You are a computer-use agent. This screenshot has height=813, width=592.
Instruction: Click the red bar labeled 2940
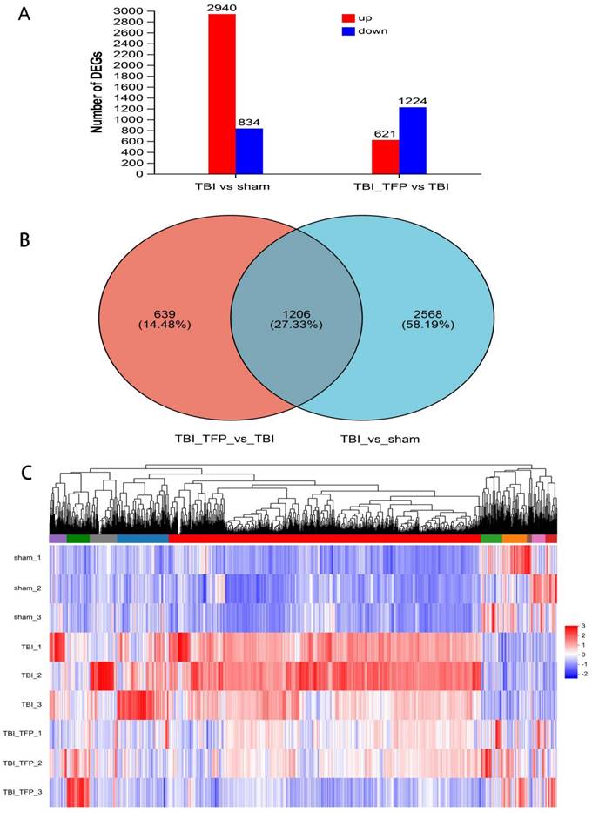pos(222,94)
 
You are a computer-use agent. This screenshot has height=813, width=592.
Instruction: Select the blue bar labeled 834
pos(249,151)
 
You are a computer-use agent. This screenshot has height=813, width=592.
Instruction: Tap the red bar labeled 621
pos(386,157)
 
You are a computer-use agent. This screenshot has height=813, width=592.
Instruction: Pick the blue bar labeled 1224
pos(413,140)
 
